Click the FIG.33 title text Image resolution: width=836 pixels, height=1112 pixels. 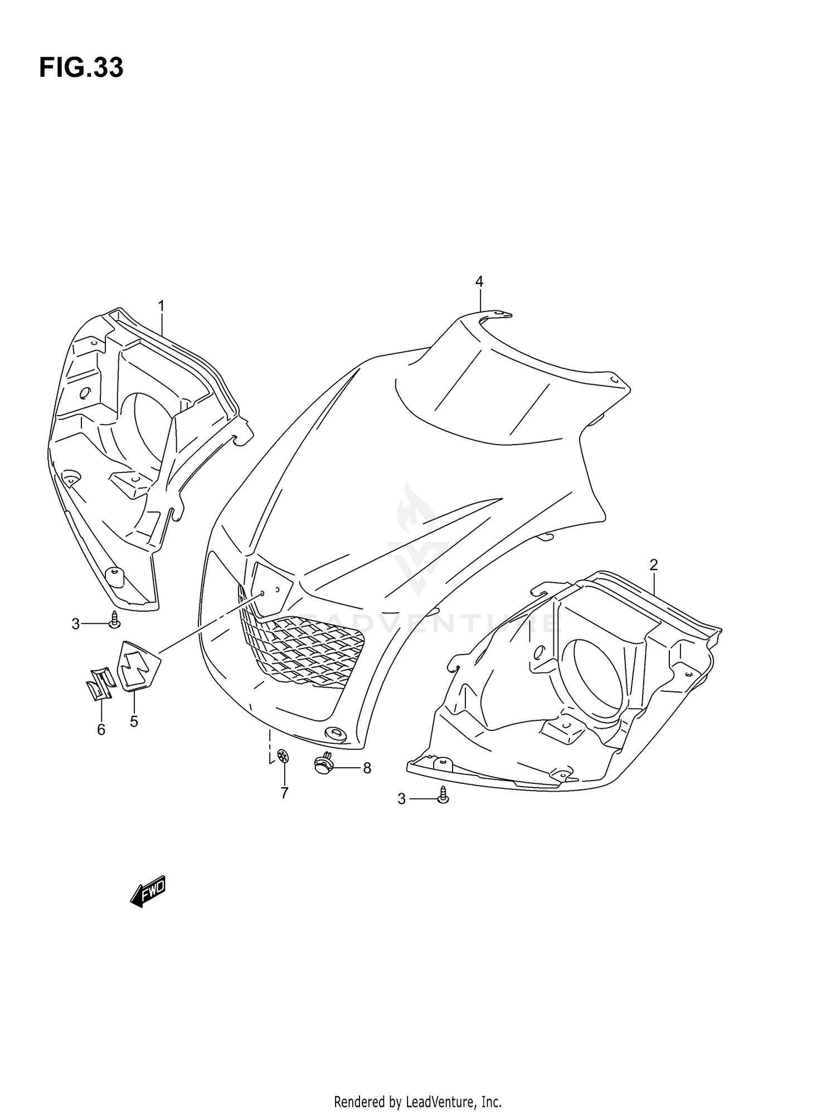(81, 68)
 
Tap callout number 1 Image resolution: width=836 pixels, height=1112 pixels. (161, 306)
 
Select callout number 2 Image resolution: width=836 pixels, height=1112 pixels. (654, 565)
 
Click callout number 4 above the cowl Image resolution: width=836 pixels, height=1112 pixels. (479, 281)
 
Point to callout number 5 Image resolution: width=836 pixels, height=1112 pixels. (134, 721)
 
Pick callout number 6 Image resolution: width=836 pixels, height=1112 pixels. (101, 729)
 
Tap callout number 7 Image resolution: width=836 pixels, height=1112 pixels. (284, 793)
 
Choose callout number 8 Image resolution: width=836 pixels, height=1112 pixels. (367, 768)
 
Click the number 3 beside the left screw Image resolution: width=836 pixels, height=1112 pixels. (76, 624)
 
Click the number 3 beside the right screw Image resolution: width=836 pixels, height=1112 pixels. (401, 799)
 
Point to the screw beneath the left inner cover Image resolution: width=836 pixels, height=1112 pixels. (114, 620)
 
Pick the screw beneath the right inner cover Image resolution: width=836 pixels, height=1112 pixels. (443, 795)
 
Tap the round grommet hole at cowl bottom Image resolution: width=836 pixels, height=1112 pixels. (336, 734)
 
